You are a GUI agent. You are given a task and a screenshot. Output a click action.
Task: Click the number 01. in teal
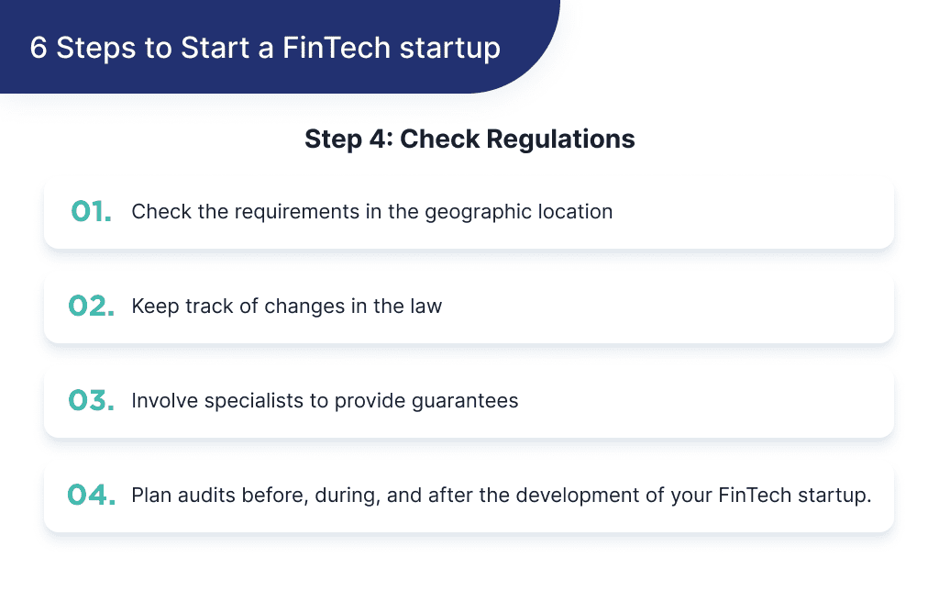click(91, 212)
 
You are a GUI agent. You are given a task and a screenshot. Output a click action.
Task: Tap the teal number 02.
click(91, 307)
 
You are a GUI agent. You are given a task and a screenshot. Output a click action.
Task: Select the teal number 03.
click(91, 401)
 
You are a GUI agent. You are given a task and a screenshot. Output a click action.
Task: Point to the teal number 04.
click(91, 496)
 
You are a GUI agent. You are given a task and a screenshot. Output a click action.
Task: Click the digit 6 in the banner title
click(38, 48)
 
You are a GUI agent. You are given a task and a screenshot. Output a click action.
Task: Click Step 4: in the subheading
click(348, 139)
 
